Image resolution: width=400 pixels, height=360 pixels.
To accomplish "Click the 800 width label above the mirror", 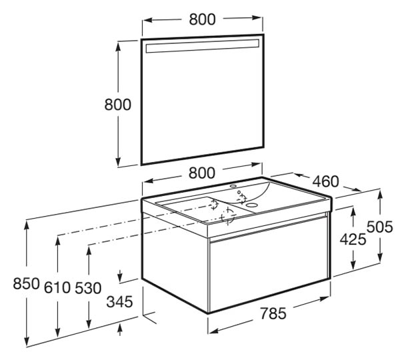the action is pyautogui.click(x=202, y=19).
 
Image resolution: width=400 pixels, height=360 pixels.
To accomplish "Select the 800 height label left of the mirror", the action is pyautogui.click(x=118, y=105).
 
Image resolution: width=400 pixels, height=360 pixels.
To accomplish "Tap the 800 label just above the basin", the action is pyautogui.click(x=202, y=173).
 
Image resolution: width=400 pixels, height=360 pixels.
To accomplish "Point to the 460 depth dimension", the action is pyautogui.click(x=326, y=181).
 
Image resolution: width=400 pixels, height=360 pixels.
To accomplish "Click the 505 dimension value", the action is pyautogui.click(x=380, y=227).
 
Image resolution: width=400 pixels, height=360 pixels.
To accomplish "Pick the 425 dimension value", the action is pyautogui.click(x=353, y=239).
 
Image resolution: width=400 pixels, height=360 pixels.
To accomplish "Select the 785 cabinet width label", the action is pyautogui.click(x=273, y=313).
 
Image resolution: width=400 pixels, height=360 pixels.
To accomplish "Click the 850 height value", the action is pyautogui.click(x=27, y=283).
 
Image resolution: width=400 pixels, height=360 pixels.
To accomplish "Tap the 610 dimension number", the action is pyautogui.click(x=57, y=287).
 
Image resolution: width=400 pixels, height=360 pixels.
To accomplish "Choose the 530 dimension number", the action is pyautogui.click(x=88, y=288).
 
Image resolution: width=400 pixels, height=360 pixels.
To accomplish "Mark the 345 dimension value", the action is pyautogui.click(x=119, y=302).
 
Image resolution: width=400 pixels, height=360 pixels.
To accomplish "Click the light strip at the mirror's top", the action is pyautogui.click(x=203, y=46).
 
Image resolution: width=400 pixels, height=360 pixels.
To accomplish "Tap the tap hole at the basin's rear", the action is pyautogui.click(x=233, y=186).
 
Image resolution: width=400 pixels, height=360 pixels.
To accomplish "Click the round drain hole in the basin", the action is pyautogui.click(x=251, y=205).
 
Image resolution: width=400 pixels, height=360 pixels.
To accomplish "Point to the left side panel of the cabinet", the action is pyautogui.click(x=175, y=263).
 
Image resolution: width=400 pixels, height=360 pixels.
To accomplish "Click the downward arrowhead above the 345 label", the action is pyautogui.click(x=120, y=276).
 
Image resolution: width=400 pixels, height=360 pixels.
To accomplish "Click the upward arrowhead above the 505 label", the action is pyautogui.click(x=380, y=196).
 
